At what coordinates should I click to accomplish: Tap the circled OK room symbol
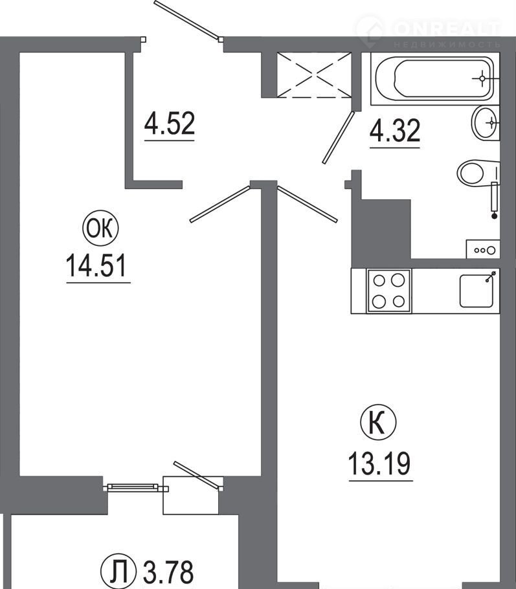[100, 228]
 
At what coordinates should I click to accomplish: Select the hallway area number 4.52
[170, 123]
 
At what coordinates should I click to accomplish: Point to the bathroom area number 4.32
[395, 130]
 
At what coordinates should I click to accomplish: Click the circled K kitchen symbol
[378, 423]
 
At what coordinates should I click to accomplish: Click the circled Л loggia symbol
[118, 571]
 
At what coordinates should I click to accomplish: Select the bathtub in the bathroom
[434, 78]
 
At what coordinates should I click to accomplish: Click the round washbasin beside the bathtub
[486, 123]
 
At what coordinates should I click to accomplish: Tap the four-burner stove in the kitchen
[389, 291]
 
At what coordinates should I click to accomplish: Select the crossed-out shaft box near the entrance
[314, 75]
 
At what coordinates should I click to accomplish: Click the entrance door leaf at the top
[186, 19]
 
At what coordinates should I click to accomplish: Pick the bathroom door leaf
[338, 137]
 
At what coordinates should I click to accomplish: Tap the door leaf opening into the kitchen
[307, 204]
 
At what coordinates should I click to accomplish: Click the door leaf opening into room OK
[220, 204]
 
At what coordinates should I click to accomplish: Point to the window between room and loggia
[132, 487]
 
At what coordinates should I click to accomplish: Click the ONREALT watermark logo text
[447, 28]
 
